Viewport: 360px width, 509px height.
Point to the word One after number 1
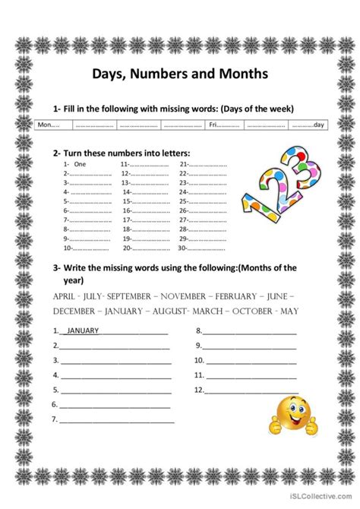81,164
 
